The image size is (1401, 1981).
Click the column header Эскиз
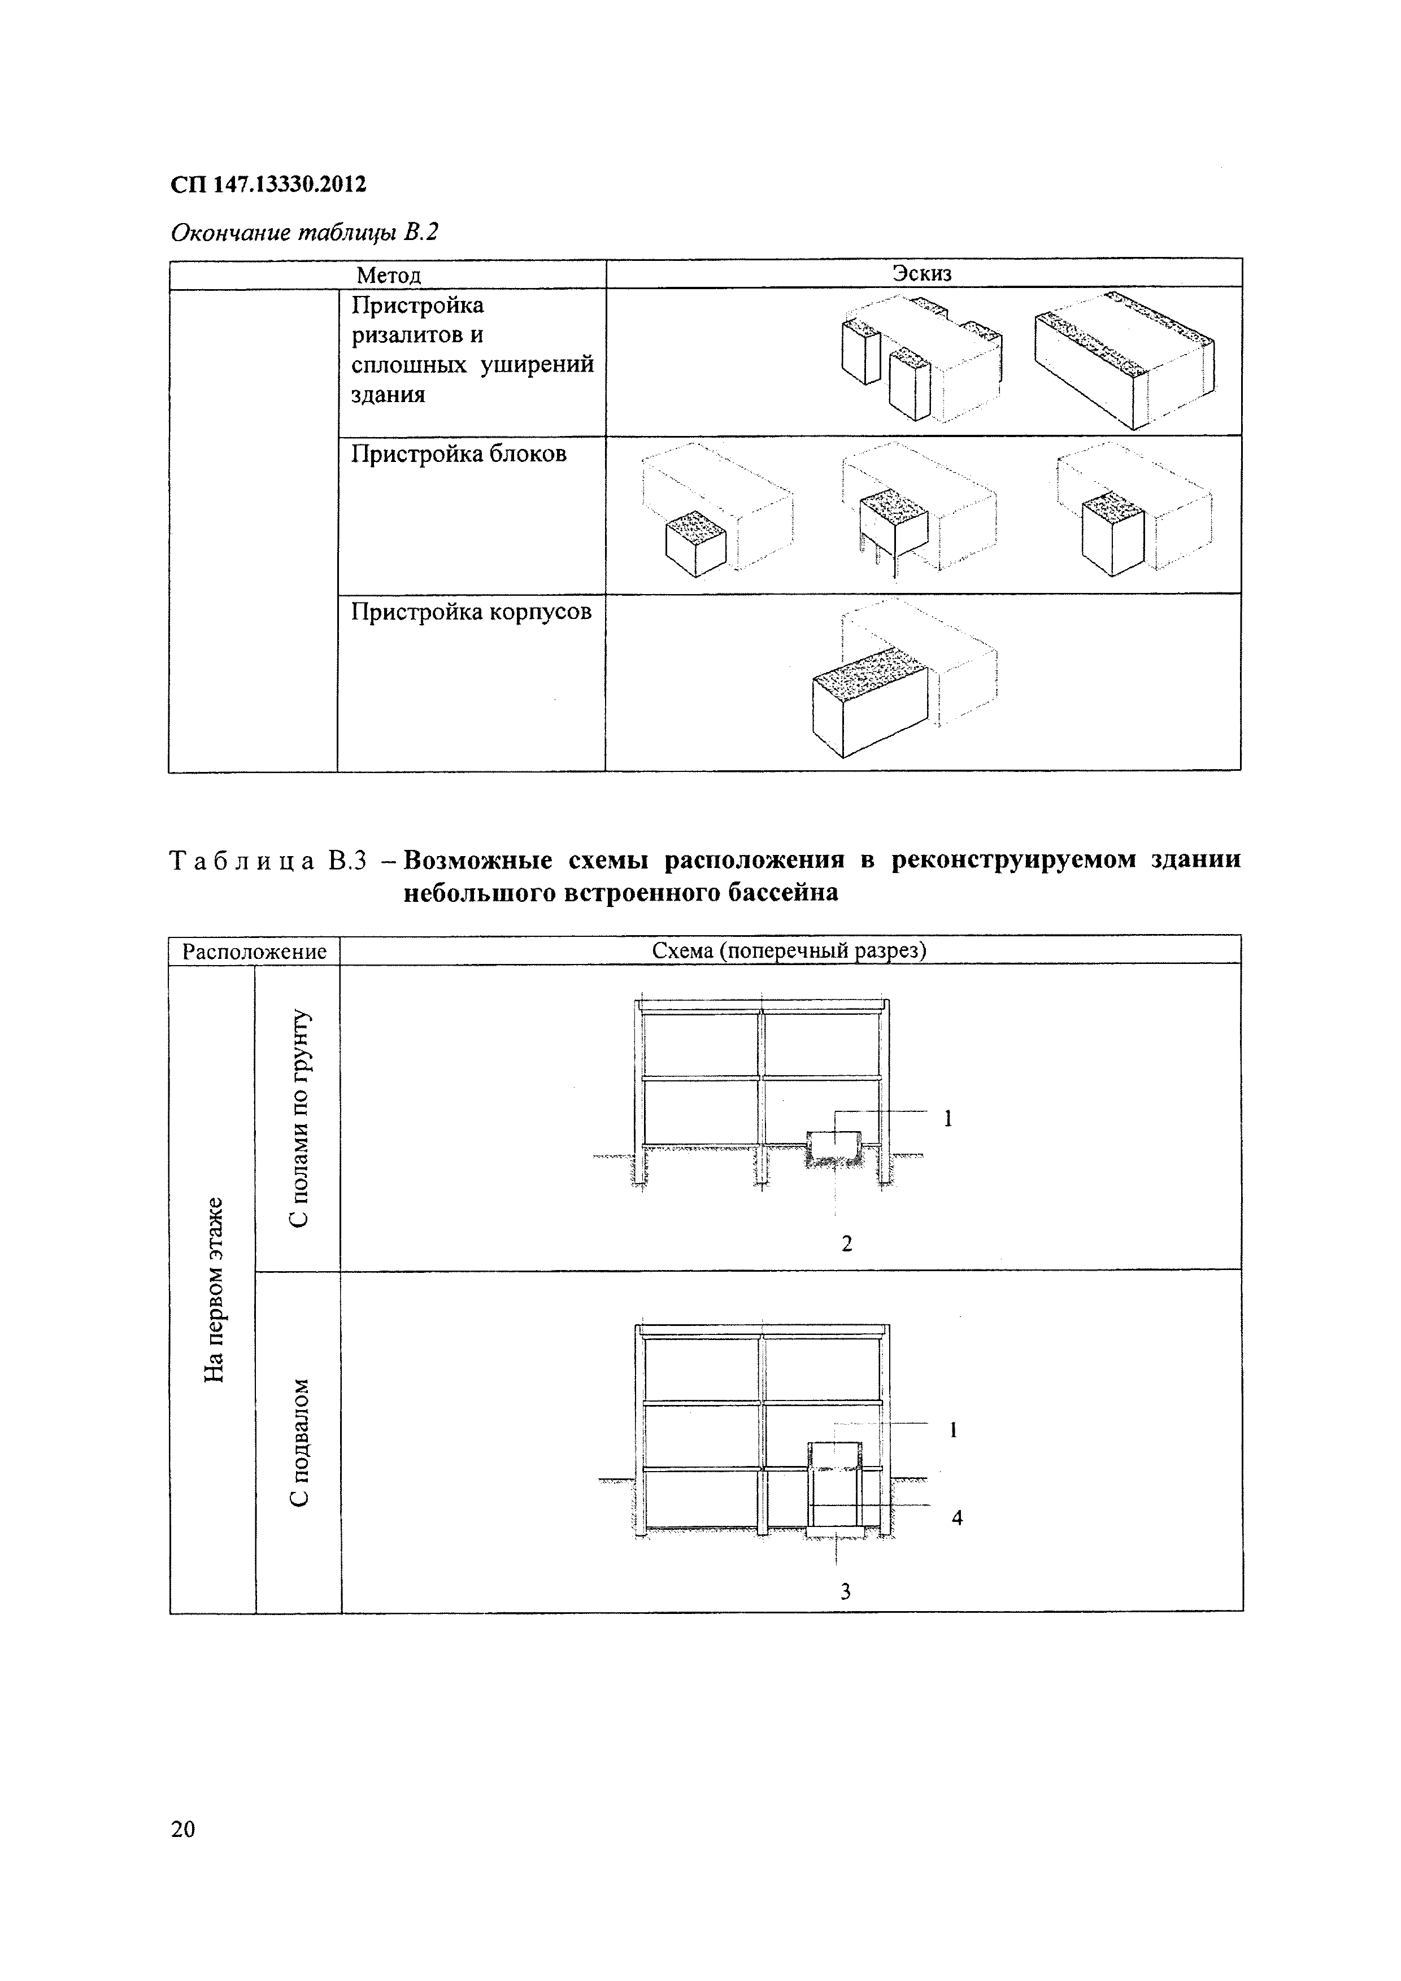coord(922,273)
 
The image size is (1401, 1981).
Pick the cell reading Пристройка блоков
coord(458,454)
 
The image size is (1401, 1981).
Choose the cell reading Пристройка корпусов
coord(471,612)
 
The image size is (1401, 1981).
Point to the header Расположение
coord(255,952)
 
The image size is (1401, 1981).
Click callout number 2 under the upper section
coord(846,1243)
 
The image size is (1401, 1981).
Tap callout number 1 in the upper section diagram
coord(948,1119)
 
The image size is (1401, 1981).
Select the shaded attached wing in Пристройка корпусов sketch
coord(869,701)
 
